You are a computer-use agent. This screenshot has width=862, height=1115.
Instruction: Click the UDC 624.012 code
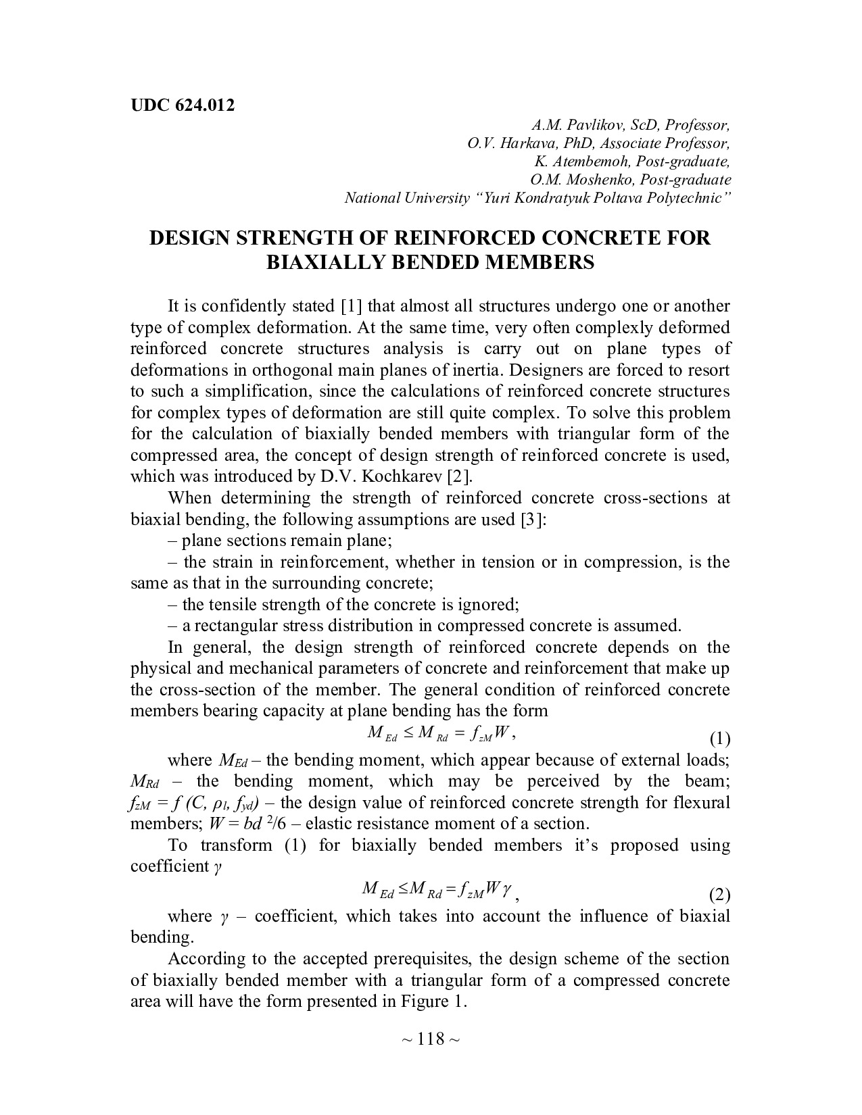click(x=182, y=105)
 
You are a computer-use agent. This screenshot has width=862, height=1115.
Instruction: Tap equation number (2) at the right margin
click(x=719, y=895)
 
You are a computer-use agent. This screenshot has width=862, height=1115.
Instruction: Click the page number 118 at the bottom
click(x=431, y=1039)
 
